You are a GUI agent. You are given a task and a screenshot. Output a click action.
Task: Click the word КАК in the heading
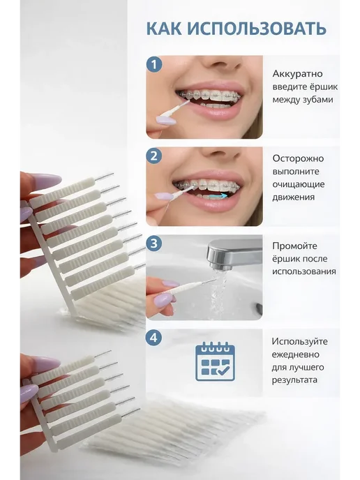[164, 29]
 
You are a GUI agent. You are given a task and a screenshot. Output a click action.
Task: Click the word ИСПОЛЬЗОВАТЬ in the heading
[257, 29]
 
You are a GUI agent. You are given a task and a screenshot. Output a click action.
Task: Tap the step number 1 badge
[154, 65]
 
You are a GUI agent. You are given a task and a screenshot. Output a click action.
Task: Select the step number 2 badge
[154, 156]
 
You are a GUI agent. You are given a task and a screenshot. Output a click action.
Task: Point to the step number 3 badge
[154, 243]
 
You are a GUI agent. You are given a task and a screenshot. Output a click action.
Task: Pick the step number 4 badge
[154, 338]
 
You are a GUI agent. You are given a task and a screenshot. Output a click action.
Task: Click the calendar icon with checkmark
[215, 361]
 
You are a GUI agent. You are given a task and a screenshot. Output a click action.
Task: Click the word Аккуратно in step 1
[297, 74]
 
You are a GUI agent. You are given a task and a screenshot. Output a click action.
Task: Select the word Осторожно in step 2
[298, 158]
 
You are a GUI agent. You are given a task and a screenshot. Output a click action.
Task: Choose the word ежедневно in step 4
[296, 355]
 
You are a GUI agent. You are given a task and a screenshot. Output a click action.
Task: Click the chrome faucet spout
[234, 253]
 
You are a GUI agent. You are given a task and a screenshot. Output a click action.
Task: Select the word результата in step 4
[294, 380]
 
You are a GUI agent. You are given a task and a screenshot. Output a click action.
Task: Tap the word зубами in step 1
[318, 100]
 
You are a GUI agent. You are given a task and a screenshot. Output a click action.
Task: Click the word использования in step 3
[304, 271]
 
